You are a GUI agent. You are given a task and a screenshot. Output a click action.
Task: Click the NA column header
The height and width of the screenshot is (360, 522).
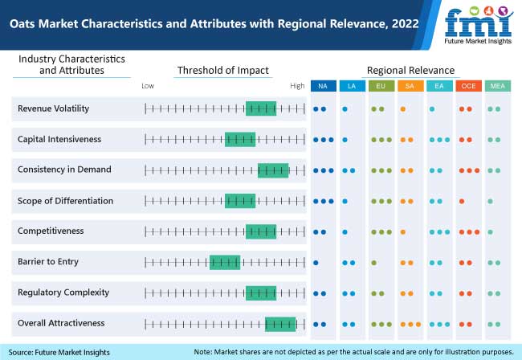(323, 86)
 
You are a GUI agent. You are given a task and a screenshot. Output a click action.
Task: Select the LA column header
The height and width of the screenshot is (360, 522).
(352, 86)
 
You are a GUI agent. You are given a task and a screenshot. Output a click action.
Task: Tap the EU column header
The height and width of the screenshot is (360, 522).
(381, 86)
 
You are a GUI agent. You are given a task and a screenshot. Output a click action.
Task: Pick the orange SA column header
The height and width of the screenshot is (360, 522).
(410, 86)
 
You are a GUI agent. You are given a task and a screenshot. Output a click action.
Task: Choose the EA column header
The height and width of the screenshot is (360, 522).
(438, 86)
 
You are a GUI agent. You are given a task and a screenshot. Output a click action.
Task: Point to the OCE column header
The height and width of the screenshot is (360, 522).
(467, 86)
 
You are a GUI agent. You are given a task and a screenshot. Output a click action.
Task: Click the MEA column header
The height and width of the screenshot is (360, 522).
(496, 86)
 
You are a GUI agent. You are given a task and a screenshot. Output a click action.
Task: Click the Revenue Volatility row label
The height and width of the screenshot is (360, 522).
(53, 108)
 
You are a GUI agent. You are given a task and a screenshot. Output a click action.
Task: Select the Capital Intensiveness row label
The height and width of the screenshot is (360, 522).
(59, 139)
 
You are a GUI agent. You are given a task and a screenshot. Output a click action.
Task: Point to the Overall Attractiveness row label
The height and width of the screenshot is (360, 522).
(61, 323)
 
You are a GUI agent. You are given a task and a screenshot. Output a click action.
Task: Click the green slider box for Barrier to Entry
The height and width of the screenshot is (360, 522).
(225, 261)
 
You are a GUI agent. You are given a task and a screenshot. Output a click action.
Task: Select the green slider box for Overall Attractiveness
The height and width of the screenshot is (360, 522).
(280, 323)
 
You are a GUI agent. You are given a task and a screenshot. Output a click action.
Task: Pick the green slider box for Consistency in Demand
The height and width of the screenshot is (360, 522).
(273, 170)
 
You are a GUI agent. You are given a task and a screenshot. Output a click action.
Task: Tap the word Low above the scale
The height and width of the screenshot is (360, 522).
(148, 85)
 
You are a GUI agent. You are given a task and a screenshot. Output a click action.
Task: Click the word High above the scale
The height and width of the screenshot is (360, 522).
(297, 85)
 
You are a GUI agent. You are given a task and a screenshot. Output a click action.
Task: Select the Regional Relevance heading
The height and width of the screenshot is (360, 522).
(410, 70)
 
